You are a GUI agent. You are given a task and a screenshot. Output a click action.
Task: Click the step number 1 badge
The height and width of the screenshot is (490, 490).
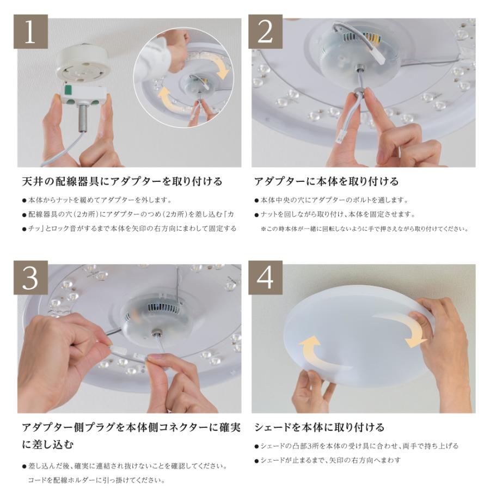click(x=30, y=32)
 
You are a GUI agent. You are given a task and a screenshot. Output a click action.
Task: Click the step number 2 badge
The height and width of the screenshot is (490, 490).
click(x=265, y=32)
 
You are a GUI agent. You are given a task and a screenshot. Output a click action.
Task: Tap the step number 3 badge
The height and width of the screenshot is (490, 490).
click(x=30, y=278)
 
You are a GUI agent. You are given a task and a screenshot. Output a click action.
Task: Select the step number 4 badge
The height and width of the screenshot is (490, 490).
click(x=265, y=278)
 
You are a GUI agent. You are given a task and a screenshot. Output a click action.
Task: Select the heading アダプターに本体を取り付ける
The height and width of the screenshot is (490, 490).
click(x=326, y=181)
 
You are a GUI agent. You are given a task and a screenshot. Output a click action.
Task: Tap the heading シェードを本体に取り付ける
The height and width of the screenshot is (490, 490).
click(x=319, y=427)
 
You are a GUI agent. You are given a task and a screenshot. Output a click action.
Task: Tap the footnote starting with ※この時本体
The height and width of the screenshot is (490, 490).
click(x=364, y=229)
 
